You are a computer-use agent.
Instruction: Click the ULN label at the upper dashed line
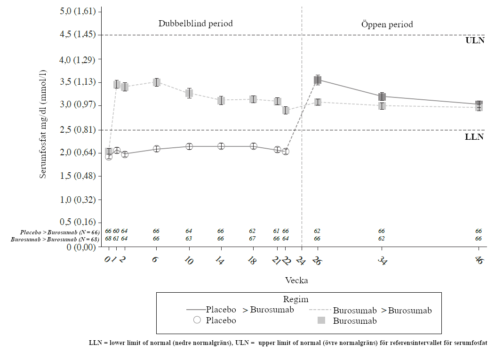coord(475,40)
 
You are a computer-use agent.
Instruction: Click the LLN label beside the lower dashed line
coord(474,137)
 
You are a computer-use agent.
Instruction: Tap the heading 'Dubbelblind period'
coord(195,24)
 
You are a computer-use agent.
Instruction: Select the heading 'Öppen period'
coord(387,24)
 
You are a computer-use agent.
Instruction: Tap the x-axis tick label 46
coord(479,260)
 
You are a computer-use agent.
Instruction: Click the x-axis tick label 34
coord(382,260)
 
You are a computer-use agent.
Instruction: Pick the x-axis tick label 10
coord(188,260)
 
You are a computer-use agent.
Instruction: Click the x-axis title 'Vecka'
coord(296,280)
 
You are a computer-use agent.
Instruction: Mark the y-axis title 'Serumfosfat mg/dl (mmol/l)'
coord(43,124)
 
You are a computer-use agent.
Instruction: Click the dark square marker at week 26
coord(318,80)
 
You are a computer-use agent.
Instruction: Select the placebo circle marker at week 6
coord(157,149)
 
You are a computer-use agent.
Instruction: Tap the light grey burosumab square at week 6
coord(157,82)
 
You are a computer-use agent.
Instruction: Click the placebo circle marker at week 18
coord(253,146)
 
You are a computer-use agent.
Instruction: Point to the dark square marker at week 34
coord(382,96)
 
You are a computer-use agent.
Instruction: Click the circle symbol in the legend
coord(197,320)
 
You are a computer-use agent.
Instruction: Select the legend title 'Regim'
coord(296,299)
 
